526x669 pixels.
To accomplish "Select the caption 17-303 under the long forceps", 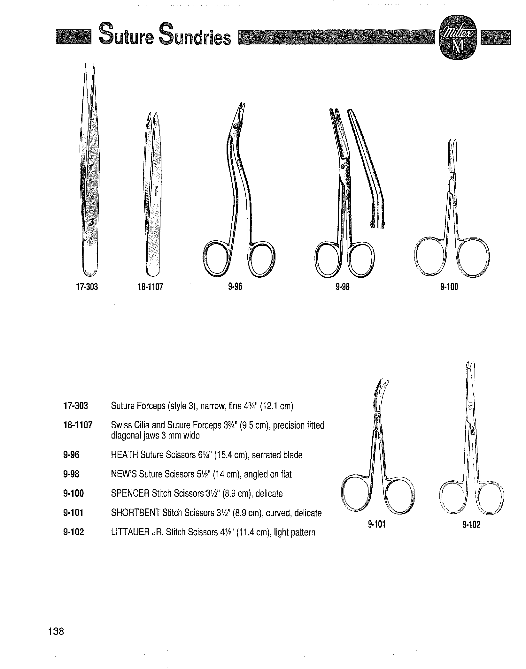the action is [87, 287].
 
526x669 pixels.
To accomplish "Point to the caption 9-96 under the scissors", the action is [235, 287].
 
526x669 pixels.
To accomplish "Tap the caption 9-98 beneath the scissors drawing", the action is [342, 287].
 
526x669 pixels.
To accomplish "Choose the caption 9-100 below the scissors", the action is [449, 287].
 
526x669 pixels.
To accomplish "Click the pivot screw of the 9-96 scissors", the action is [236, 127].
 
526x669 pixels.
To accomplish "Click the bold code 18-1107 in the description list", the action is [78, 425].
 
